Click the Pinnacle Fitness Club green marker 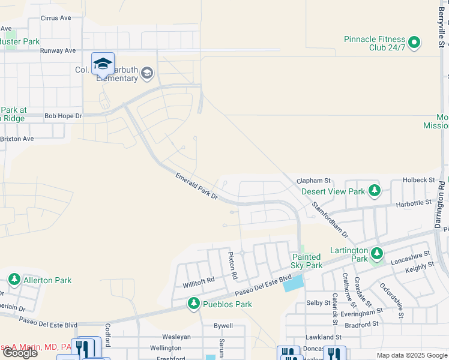[x=414, y=43]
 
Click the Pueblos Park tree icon [x=193, y=304]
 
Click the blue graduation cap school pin [x=103, y=63]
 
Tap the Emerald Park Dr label [x=196, y=185]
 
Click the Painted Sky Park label [x=307, y=261]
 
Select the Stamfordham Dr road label [x=330, y=218]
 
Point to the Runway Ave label [x=58, y=51]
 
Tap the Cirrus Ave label [x=56, y=18]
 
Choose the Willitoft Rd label [x=199, y=280]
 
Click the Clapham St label [x=315, y=180]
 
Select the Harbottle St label [x=414, y=203]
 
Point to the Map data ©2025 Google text [x=412, y=355]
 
